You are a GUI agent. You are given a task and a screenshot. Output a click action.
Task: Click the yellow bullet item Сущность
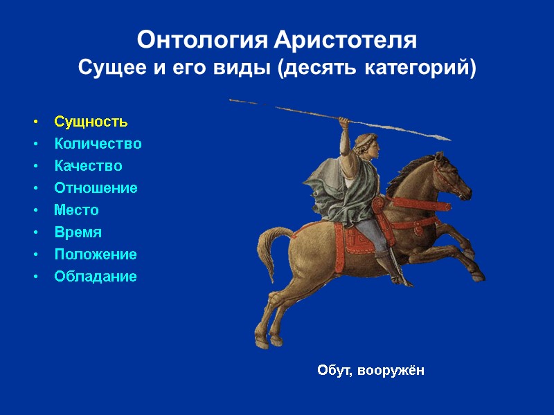point(91,122)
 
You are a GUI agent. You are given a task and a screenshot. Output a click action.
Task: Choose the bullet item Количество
point(98,144)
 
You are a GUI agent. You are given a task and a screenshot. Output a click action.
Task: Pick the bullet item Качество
point(88,166)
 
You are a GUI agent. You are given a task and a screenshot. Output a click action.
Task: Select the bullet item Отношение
point(96,188)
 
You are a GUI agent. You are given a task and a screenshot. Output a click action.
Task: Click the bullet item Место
point(76,210)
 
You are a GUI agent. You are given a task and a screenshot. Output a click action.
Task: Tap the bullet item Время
point(78,232)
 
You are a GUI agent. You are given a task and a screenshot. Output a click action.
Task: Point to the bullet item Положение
point(96,255)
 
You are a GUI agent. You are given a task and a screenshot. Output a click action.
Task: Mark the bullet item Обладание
point(96,277)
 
